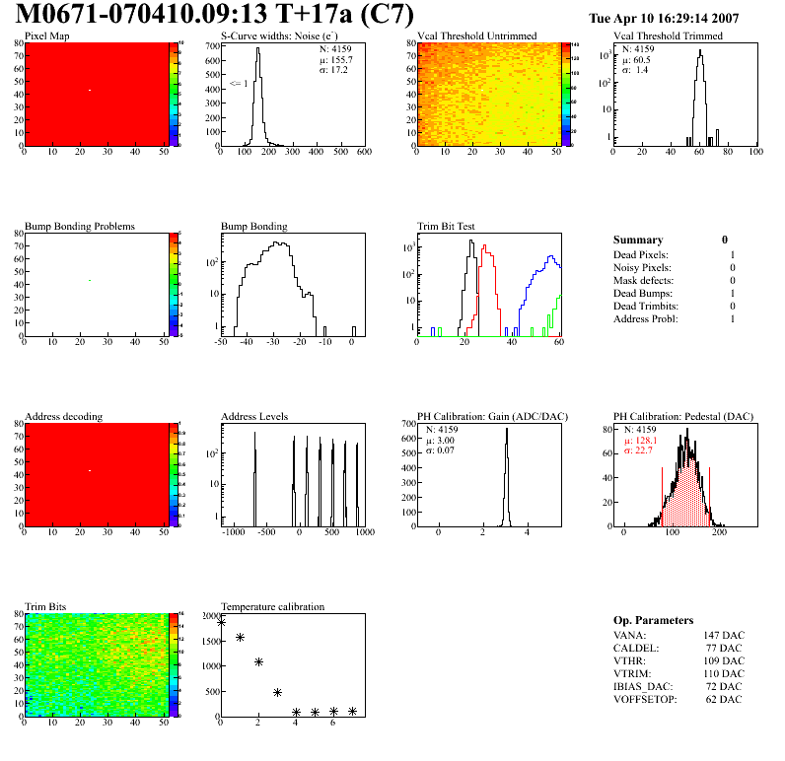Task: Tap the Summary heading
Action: [638, 240]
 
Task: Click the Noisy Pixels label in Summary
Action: [642, 267]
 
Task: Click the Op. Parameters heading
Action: [653, 620]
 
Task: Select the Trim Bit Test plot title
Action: [446, 226]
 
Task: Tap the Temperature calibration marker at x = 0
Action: [221, 622]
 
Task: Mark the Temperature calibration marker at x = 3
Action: [277, 692]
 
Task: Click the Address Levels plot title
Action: [254, 416]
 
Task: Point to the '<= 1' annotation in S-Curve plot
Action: [237, 84]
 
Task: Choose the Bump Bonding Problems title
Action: [80, 226]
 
